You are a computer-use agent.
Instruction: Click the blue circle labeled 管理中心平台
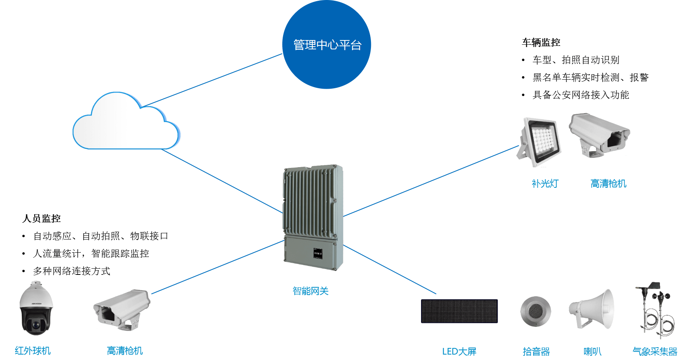coord(327,44)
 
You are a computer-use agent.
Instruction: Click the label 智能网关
coord(310,291)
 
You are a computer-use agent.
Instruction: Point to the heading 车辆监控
coord(541,42)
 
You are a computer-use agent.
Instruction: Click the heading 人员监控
coord(42,218)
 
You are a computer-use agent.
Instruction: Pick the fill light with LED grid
coord(539,142)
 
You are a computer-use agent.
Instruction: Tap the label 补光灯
coord(545,183)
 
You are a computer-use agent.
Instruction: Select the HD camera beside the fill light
coord(599,135)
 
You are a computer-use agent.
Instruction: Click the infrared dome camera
coord(36,308)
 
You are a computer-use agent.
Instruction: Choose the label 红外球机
coord(33,351)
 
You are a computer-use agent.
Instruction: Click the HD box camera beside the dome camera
coord(122,309)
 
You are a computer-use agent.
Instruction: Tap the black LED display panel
coord(459,311)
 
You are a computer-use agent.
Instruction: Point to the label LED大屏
coord(459,351)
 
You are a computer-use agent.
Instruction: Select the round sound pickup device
coord(535,311)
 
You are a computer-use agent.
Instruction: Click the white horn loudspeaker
coord(591,309)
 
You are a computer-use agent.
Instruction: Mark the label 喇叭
coord(593,351)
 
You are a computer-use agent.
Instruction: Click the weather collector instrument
coord(656,310)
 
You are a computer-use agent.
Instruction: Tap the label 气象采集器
coord(655,351)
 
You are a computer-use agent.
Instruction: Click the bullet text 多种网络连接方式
coord(72,271)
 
